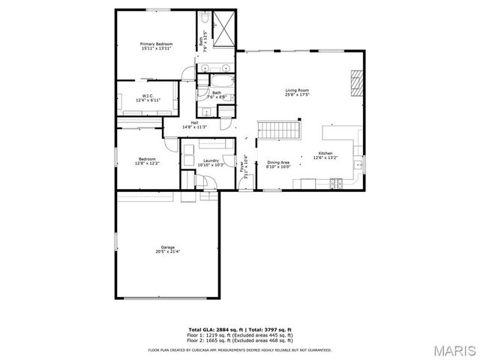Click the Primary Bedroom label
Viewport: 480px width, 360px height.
157,44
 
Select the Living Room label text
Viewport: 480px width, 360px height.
297,91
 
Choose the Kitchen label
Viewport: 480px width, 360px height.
325,154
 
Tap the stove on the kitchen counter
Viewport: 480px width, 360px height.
336,182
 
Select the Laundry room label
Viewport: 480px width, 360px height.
211,160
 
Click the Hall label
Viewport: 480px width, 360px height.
194,122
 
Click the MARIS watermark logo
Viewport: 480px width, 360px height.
454,350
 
